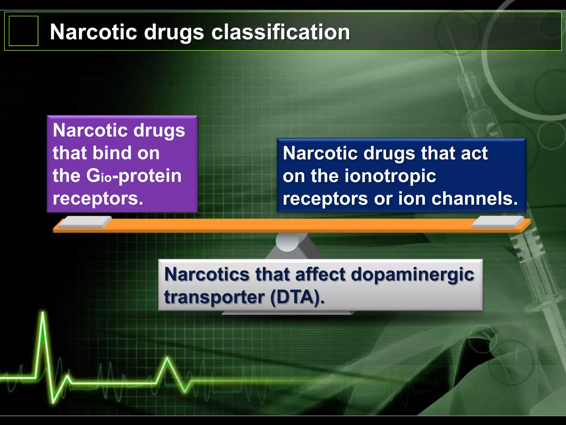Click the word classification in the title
coord(281,32)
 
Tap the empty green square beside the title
coord(23,31)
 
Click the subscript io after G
coord(106,178)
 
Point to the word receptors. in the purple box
coord(98,198)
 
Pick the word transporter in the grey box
coord(214,297)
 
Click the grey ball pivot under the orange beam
coord(287,242)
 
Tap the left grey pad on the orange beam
coord(85,222)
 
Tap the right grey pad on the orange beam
coord(497,222)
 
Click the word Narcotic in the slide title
coord(93,32)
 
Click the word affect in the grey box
coord(320,274)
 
